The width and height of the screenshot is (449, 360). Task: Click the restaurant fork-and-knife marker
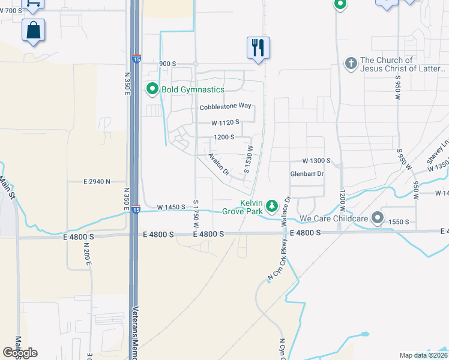coord(258,47)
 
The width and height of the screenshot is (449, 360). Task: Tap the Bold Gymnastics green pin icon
coord(152,89)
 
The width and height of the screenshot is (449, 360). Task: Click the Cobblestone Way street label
coord(225,107)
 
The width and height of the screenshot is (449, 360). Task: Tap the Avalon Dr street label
coord(218,164)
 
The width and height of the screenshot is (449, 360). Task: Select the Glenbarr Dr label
coord(307,174)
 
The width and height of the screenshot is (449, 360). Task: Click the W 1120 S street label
coord(225,122)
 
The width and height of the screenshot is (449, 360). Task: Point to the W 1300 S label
coord(316,161)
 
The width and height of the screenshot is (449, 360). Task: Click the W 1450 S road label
coord(171,207)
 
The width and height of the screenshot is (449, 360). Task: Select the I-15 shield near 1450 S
coord(136,209)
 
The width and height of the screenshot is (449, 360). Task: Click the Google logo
coord(20,353)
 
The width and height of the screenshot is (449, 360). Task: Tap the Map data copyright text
coord(423,355)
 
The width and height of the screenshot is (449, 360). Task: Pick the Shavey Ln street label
coord(435,154)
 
